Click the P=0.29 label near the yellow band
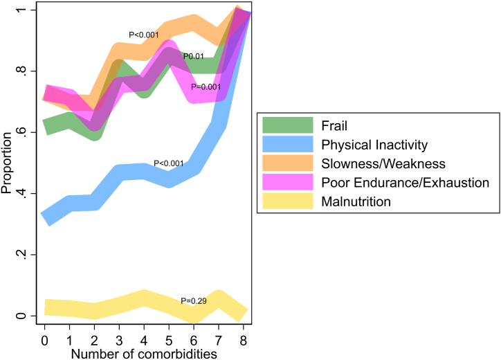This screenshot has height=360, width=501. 193,301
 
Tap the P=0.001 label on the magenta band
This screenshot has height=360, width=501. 206,87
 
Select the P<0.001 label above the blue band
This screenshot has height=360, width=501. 169,163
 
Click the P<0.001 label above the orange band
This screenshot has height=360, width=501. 144,35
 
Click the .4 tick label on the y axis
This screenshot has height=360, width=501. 24,194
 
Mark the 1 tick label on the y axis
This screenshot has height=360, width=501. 24,10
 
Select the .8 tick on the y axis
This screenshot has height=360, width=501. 24,71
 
